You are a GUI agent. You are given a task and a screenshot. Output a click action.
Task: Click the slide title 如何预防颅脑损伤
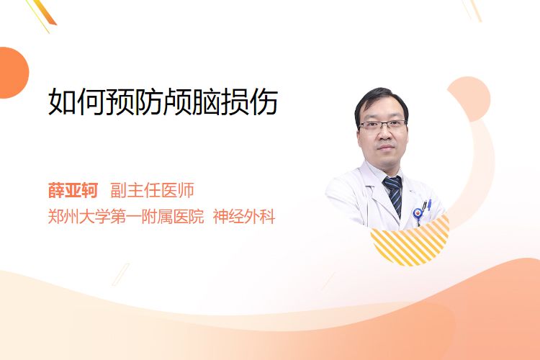(x=163, y=102)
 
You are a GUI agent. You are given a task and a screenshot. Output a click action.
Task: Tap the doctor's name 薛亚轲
(x=73, y=190)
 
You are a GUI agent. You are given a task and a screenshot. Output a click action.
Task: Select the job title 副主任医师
(x=152, y=190)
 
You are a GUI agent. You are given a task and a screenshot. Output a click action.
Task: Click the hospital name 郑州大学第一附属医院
(x=126, y=217)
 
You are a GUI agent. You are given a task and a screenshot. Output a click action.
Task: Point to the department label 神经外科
(x=244, y=217)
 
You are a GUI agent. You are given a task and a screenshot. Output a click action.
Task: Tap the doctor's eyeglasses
(x=383, y=125)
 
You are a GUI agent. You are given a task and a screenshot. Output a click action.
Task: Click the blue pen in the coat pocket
(x=429, y=204)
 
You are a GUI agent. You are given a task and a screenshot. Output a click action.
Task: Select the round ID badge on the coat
(x=418, y=215)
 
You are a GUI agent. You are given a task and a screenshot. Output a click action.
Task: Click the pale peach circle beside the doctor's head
(x=472, y=98)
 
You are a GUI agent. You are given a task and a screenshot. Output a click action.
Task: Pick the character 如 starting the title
(x=62, y=102)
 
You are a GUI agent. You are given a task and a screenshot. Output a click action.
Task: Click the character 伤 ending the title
(x=264, y=102)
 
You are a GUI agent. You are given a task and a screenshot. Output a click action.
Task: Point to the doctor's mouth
(x=385, y=148)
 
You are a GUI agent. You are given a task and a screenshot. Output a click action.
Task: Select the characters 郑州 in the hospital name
(x=63, y=217)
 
